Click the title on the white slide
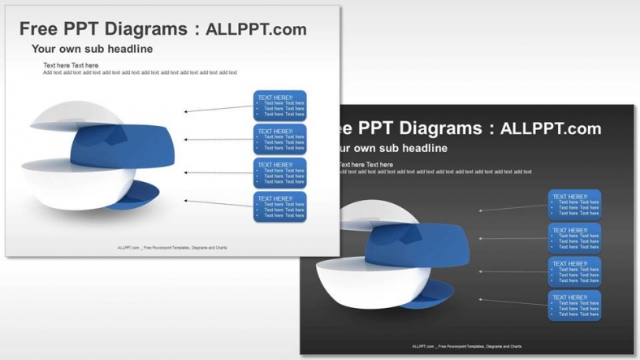[162, 29]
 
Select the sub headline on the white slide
[92, 49]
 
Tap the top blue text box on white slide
[280, 106]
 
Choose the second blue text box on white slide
[280, 139]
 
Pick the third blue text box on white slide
[280, 173]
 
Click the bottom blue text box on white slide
[280, 207]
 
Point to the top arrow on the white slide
[218, 108]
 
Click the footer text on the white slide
[171, 247]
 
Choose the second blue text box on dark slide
[575, 238]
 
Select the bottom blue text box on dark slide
[575, 306]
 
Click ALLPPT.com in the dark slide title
[551, 128]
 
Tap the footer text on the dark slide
[466, 346]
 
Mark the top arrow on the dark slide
[512, 208]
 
